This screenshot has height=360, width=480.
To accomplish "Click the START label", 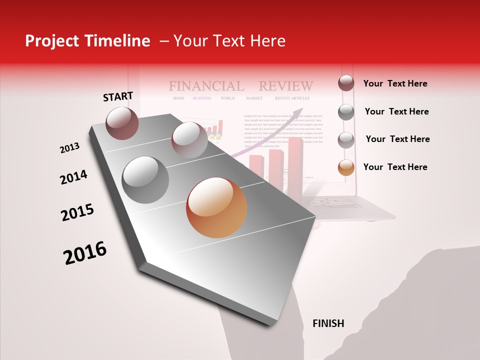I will (118, 96).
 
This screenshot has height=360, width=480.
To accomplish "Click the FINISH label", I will (328, 323).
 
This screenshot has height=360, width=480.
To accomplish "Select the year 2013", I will (69, 148).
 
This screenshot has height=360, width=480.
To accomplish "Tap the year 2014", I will (73, 177).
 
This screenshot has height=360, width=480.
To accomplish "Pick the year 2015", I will (77, 212).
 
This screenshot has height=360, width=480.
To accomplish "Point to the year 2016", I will (85, 253).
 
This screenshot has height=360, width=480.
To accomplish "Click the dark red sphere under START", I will (122, 123).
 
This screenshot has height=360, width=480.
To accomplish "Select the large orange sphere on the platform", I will (216, 207).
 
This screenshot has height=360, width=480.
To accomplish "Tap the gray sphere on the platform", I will (145, 180).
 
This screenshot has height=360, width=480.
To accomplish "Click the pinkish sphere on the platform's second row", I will (189, 140).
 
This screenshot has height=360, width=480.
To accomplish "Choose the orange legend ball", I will (346, 167).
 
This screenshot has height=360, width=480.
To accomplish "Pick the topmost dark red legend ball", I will (346, 83).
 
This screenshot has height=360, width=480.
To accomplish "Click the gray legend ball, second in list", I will (346, 112).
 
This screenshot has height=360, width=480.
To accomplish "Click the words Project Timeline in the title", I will (87, 41).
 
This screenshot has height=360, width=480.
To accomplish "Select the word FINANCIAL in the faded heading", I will (206, 86).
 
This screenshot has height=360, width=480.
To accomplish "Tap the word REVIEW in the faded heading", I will (285, 86).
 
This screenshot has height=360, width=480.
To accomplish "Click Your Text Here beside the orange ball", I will (395, 167).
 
